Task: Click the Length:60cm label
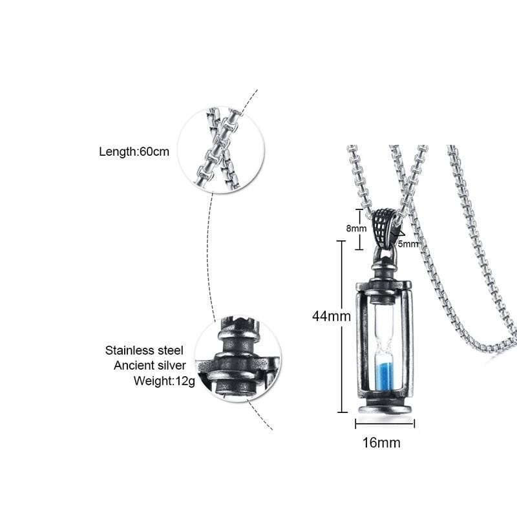134,152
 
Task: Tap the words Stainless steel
144,350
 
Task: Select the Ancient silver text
150,365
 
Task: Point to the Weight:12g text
164,381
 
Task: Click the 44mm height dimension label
332,316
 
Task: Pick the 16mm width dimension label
381,443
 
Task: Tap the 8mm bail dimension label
356,228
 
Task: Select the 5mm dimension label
408,244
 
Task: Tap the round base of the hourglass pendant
385,409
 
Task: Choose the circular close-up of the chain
220,149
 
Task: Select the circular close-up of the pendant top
238,359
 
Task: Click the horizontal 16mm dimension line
385,424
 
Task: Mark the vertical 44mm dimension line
343,326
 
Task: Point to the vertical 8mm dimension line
359,229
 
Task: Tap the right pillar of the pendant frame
407,339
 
